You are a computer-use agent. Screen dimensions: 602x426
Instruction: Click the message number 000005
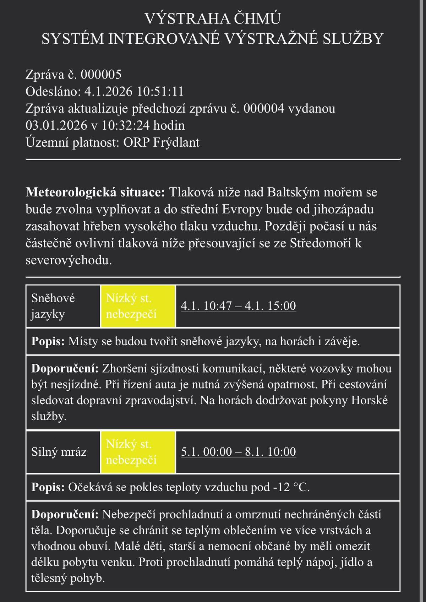101,75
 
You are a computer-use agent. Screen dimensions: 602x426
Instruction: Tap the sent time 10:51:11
160,92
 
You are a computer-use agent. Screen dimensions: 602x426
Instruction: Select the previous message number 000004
264,109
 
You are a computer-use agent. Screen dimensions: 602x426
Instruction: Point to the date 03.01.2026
56,125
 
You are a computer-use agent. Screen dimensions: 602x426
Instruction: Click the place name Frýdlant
176,142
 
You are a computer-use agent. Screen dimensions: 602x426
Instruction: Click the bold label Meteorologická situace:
95,192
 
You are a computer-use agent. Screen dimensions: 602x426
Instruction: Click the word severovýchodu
69,260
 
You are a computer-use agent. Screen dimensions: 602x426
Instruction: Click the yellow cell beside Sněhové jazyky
138,306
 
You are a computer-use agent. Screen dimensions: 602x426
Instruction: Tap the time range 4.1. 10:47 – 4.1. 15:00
238,306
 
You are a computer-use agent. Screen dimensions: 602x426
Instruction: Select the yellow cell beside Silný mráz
138,452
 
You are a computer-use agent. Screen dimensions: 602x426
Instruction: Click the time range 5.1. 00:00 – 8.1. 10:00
238,452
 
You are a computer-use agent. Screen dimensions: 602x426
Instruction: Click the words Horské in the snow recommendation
370,400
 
